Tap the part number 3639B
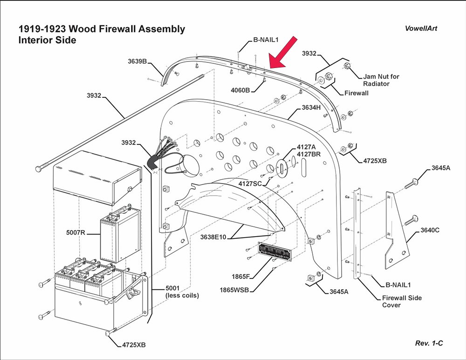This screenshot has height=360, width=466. [x=138, y=61]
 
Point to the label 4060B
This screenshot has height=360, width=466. [x=240, y=90]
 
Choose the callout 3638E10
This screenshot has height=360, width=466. [x=213, y=237]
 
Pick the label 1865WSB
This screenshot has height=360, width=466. [x=234, y=290]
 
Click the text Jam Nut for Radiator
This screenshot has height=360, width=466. [x=382, y=80]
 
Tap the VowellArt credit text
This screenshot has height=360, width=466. [x=421, y=28]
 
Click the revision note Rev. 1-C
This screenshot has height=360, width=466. [x=429, y=343]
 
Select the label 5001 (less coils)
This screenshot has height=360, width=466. [x=182, y=292]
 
